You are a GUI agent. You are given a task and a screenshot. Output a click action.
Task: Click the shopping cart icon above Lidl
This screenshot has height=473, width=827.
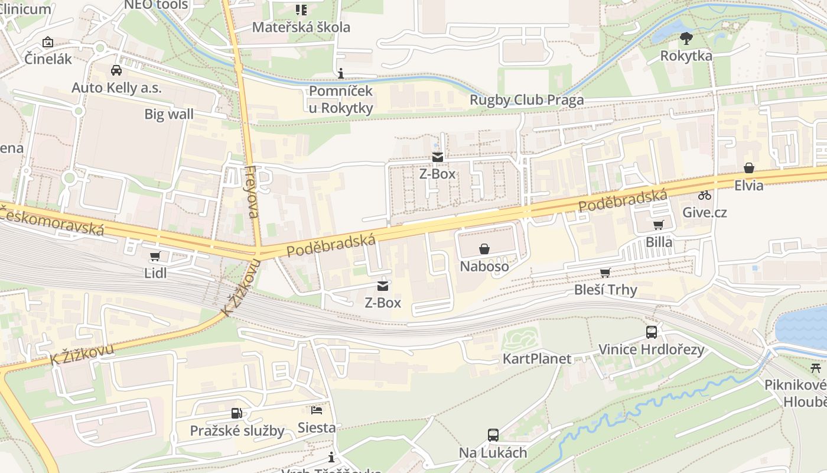pyautogui.click(x=155, y=257)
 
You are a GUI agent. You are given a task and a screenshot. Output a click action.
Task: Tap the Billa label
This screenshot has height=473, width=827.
pyautogui.click(x=659, y=242)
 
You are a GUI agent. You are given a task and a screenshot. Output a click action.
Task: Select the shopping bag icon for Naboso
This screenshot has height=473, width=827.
pyautogui.click(x=484, y=249)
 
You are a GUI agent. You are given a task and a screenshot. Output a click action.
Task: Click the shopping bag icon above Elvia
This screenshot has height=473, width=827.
pyautogui.click(x=749, y=168)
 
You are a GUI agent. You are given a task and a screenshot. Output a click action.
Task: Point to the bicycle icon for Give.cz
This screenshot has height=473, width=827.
pyautogui.click(x=705, y=195)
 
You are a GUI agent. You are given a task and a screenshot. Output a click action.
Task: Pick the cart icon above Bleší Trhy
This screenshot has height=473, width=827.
pyautogui.click(x=605, y=273)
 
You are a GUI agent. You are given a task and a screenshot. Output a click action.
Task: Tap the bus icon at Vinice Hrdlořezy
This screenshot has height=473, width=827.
pyautogui.click(x=652, y=332)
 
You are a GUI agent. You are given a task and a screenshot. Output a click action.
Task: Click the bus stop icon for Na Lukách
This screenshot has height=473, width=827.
pyautogui.click(x=493, y=435)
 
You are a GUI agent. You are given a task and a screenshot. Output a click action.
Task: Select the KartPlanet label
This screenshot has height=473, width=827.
pyautogui.click(x=537, y=359)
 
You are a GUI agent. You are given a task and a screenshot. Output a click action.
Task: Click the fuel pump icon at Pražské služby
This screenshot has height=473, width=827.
pyautogui.click(x=237, y=413)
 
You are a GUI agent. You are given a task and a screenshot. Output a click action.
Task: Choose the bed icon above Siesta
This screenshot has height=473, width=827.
pyautogui.click(x=317, y=410)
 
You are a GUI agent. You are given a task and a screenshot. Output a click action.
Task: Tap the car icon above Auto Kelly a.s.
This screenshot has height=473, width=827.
pyautogui.click(x=116, y=70)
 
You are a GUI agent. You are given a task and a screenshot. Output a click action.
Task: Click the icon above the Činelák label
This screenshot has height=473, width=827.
pyautogui.click(x=48, y=42)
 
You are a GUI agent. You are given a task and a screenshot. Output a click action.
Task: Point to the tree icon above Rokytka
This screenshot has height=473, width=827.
pyautogui.click(x=686, y=38)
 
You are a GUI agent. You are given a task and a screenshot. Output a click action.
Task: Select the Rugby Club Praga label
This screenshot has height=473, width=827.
pyautogui.click(x=526, y=100)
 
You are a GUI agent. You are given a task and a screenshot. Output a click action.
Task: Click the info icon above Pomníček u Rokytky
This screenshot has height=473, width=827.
pyautogui.click(x=340, y=73)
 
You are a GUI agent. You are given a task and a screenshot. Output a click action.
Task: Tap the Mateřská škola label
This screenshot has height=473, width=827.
pyautogui.click(x=301, y=27)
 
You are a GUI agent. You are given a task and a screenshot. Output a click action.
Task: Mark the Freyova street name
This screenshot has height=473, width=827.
pyautogui.click(x=252, y=192)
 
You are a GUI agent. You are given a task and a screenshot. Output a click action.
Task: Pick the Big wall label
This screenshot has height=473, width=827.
pyautogui.click(x=169, y=114)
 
